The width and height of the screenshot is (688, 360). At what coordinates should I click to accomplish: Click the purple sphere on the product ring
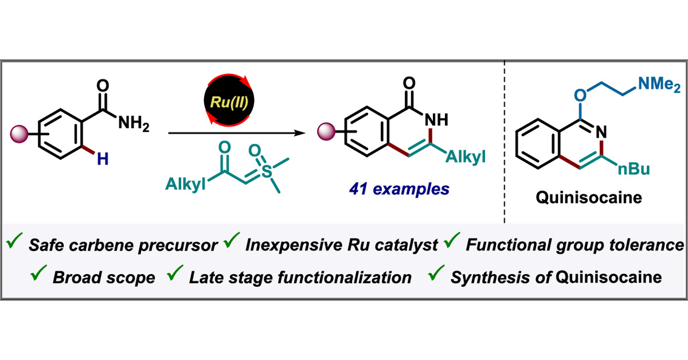[x=327, y=135]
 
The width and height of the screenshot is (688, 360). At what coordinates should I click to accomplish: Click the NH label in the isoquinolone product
[x=434, y=121]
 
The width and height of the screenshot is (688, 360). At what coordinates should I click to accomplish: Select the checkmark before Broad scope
[x=40, y=276]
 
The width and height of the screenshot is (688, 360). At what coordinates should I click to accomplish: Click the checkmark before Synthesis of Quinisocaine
[x=437, y=276]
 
